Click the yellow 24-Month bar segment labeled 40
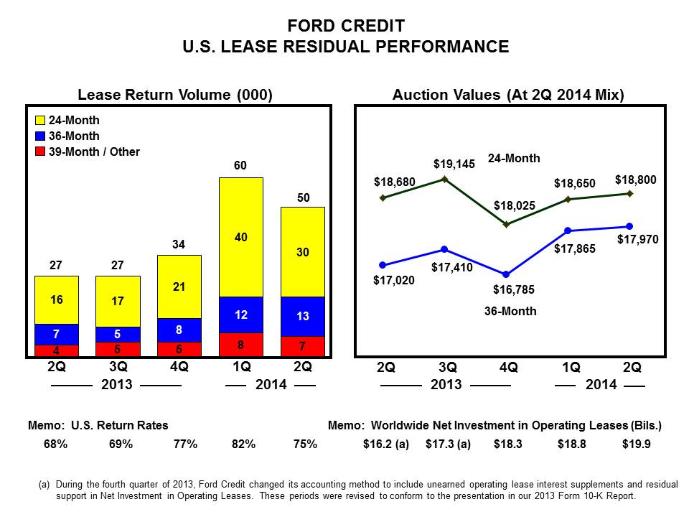[x=241, y=237]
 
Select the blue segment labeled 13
[x=303, y=317]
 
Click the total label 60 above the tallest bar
[x=241, y=167]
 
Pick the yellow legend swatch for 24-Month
[x=40, y=121]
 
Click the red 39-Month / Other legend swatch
[x=40, y=152]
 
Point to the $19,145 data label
[x=454, y=164]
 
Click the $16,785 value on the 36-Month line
[x=514, y=290]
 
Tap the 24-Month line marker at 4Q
[x=506, y=225]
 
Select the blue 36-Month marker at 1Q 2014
[x=568, y=230]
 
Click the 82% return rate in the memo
[x=242, y=444]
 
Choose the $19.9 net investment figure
[x=636, y=444]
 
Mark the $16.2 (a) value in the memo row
[x=385, y=444]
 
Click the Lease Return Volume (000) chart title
[x=175, y=95]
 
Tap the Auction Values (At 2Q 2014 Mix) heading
[x=508, y=95]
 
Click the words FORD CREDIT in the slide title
[x=345, y=27]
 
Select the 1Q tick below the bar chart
[x=242, y=367]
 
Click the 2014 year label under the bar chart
[x=271, y=385]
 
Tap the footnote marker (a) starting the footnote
[x=44, y=485]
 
